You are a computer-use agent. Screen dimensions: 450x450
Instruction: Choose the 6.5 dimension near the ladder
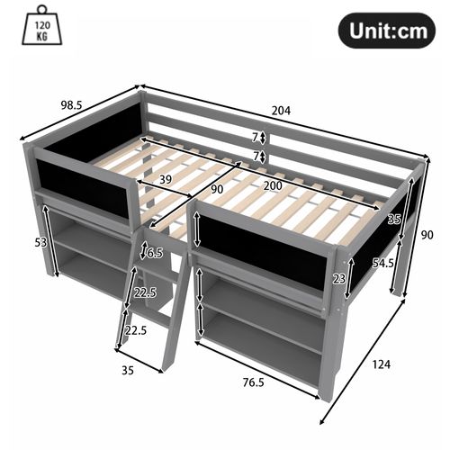tap(154, 253)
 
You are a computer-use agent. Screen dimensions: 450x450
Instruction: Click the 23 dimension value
tap(337, 280)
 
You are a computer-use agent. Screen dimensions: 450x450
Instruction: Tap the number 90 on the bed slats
tap(216, 189)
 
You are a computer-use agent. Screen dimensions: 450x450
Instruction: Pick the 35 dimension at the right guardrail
tap(394, 219)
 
